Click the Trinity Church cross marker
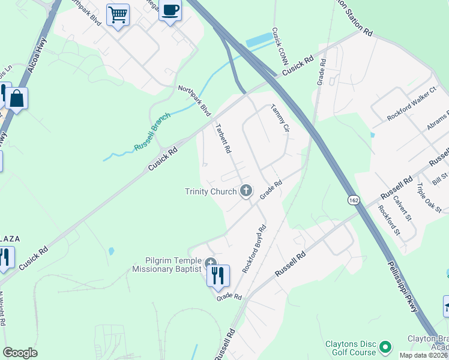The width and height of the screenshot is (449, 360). click(246, 191)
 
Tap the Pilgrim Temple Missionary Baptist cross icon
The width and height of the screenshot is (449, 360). click(211, 263)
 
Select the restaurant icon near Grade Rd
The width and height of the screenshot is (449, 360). click(218, 275)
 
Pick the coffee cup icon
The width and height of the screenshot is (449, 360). click(170, 11)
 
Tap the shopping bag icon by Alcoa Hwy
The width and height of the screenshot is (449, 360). click(17, 99)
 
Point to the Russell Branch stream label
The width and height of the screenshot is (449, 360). click(152, 131)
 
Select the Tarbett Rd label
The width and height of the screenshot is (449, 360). click(223, 139)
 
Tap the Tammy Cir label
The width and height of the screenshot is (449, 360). click(280, 119)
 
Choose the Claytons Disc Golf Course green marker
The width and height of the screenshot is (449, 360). click(385, 346)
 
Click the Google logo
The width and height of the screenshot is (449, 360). click(20, 353)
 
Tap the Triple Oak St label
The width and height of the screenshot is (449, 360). click(429, 197)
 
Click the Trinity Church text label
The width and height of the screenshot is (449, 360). click(212, 191)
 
